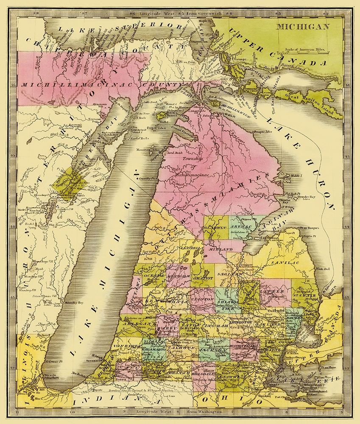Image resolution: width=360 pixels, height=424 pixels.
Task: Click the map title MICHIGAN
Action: [x=304, y=27]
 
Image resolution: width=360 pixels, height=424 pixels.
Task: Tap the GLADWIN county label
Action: [x=216, y=227]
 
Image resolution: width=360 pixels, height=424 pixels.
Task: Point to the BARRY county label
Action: [x=166, y=328]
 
